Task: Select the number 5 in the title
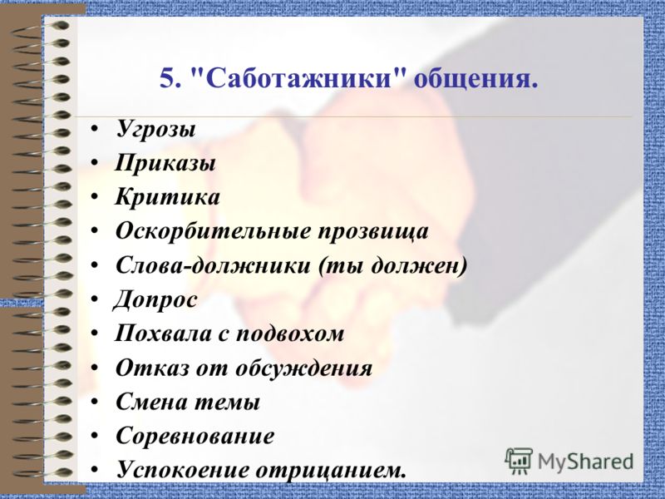[169, 81]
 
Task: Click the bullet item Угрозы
[156, 130]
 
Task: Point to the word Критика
[168, 198]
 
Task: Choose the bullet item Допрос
[156, 299]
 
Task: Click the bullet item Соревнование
[195, 436]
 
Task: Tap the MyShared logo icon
[520, 460]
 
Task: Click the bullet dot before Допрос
[97, 299]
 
